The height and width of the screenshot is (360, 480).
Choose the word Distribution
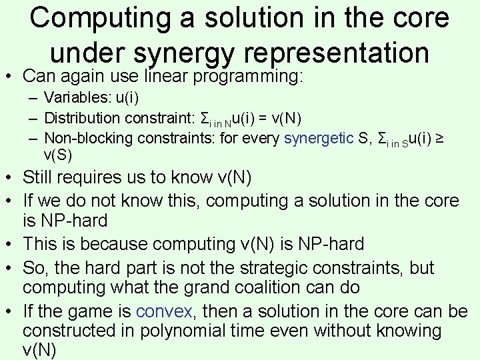(85, 119)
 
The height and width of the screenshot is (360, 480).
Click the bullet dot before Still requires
(9, 179)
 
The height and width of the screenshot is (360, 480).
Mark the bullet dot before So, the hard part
(9, 269)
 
